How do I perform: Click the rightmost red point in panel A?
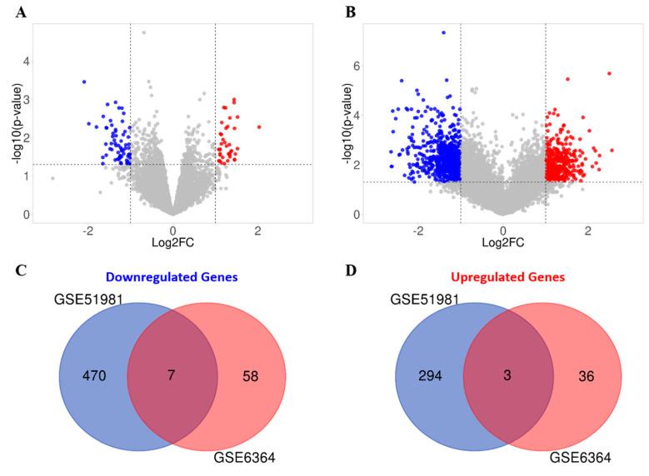[259, 126]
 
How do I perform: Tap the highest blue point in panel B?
[443, 32]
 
